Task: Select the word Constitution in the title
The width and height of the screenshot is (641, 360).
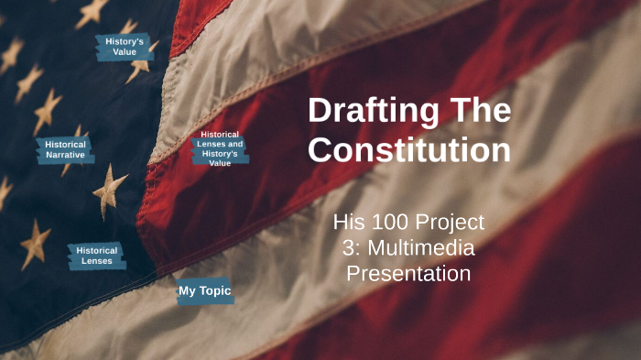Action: tap(408, 149)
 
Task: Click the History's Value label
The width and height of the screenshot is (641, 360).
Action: tap(124, 47)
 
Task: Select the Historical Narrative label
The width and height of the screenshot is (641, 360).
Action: tap(66, 149)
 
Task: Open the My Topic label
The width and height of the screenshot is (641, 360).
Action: tap(204, 291)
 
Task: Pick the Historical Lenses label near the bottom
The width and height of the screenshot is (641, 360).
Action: tap(97, 256)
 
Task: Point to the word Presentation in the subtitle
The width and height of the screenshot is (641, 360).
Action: tap(408, 273)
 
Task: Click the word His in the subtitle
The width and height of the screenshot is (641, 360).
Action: tap(349, 222)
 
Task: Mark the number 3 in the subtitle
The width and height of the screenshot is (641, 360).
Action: tap(347, 247)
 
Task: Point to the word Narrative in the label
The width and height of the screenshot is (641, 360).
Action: tap(66, 155)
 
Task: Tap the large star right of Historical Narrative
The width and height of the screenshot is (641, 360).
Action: tap(111, 190)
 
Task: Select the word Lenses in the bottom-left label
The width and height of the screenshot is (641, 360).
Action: tap(97, 261)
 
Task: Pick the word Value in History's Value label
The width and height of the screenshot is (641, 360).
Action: tap(124, 52)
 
